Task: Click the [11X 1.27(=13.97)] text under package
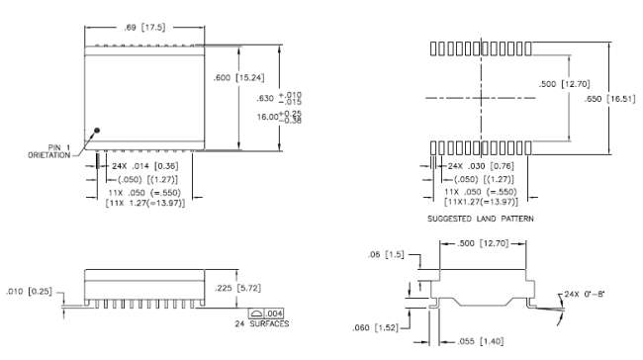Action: pos(145,203)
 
